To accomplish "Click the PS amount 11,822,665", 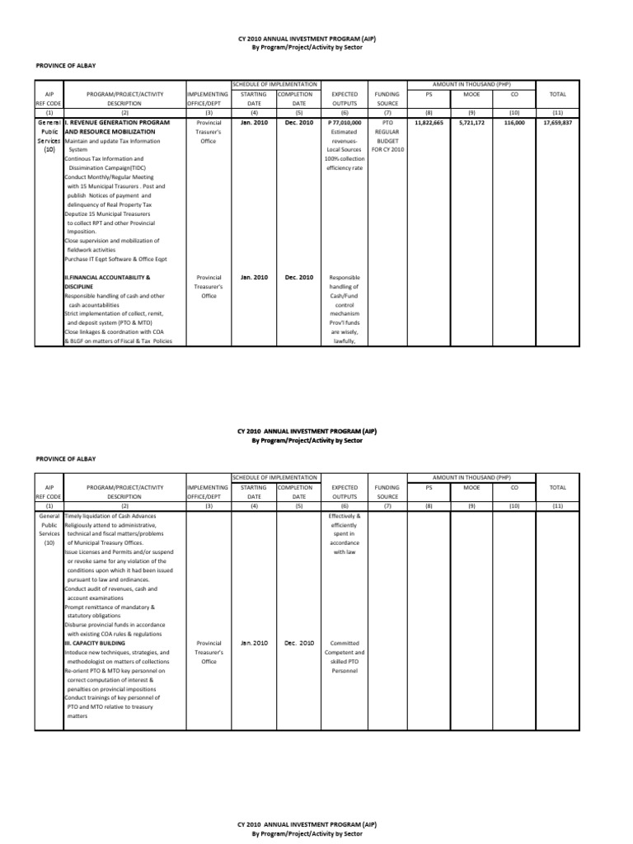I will (x=428, y=122).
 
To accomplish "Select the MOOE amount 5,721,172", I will (x=472, y=122).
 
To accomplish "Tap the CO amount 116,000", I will (x=516, y=122).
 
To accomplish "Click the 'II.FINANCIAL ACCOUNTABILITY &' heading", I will (x=107, y=278).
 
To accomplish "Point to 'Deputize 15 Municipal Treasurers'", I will (x=108, y=213).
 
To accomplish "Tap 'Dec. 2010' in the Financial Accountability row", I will (x=298, y=278).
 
